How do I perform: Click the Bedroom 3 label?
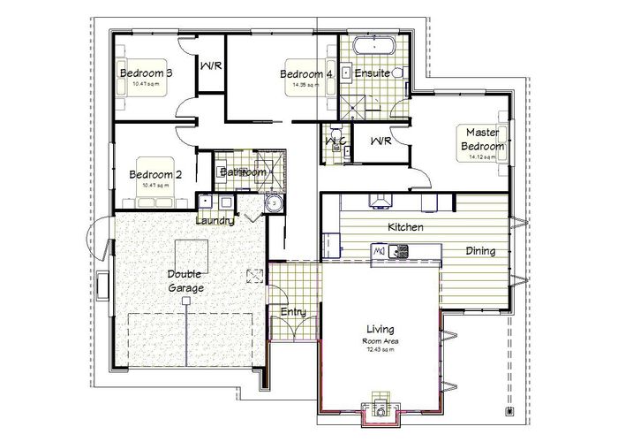tap(145, 73)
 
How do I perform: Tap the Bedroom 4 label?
tap(305, 74)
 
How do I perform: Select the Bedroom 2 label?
tap(155, 174)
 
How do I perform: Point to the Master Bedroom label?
tap(478, 139)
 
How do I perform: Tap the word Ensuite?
tap(373, 73)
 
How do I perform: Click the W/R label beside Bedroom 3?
tap(210, 66)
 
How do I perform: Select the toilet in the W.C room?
tap(335, 141)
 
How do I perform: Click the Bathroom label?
tap(243, 171)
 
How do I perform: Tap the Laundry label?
tap(215, 220)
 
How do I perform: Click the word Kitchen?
tap(406, 227)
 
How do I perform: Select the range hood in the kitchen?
tap(381, 202)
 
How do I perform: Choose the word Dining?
tap(480, 251)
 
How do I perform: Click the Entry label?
tap(292, 312)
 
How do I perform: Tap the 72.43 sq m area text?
tap(378, 350)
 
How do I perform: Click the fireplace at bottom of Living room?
tap(379, 408)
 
